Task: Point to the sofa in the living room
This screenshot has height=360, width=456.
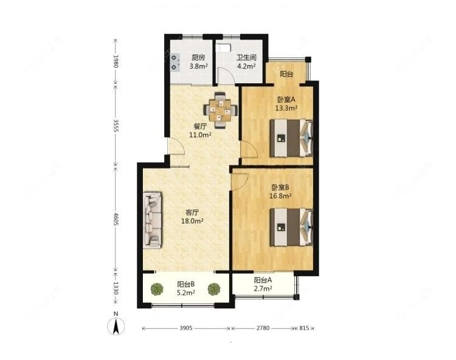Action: [x=153, y=220]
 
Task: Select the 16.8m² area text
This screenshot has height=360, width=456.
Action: [x=282, y=196]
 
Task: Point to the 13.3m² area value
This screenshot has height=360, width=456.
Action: [x=286, y=108]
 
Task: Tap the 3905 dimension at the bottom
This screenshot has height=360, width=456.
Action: [x=186, y=328]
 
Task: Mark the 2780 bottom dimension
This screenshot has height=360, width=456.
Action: [x=263, y=328]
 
